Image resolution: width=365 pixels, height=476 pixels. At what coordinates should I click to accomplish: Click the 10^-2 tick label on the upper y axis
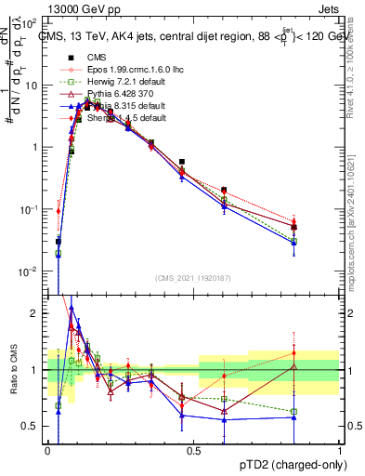pyautogui.click(x=31, y=271)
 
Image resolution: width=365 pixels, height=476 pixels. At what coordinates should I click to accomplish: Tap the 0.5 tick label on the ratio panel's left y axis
pyautogui.click(x=32, y=426)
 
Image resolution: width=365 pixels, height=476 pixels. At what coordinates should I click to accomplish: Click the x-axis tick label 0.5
pyautogui.click(x=194, y=451)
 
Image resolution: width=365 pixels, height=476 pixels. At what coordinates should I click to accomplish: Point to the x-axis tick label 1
pyautogui.click(x=340, y=451)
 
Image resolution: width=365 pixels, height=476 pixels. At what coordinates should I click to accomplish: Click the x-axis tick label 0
pyautogui.click(x=47, y=451)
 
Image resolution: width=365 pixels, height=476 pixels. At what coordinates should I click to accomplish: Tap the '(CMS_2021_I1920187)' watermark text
pyautogui.click(x=193, y=278)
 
